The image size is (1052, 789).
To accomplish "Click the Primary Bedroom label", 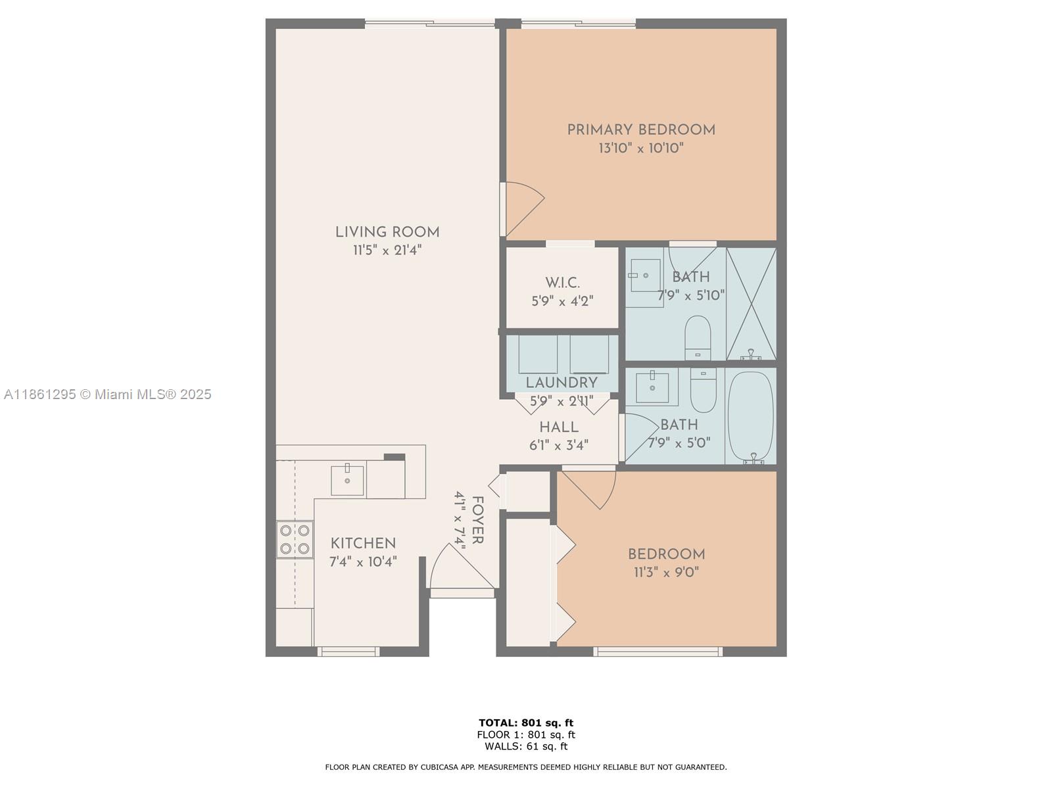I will point(641,130).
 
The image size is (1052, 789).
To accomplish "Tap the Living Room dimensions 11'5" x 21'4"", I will point(387,250).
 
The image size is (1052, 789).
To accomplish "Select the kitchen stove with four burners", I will point(294,539).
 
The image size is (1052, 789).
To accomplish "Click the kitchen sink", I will point(347,480).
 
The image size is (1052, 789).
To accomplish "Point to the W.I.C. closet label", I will point(562,283).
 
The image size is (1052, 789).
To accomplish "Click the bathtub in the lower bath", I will point(750,416).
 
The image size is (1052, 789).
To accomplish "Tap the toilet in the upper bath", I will point(698,337).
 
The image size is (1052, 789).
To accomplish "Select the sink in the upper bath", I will point(644,275).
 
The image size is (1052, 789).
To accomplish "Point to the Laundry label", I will point(562,383).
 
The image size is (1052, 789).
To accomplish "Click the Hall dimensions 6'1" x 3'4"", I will point(558,445).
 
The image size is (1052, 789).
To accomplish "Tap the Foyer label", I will point(478,521).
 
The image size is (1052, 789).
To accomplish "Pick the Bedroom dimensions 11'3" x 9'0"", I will point(666,572).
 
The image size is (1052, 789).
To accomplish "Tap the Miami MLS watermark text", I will point(108,394).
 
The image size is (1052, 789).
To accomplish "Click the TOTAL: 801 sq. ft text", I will point(526,723).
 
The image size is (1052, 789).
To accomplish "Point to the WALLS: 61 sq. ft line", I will point(526,746).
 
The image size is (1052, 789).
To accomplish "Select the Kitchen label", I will point(363,543).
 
